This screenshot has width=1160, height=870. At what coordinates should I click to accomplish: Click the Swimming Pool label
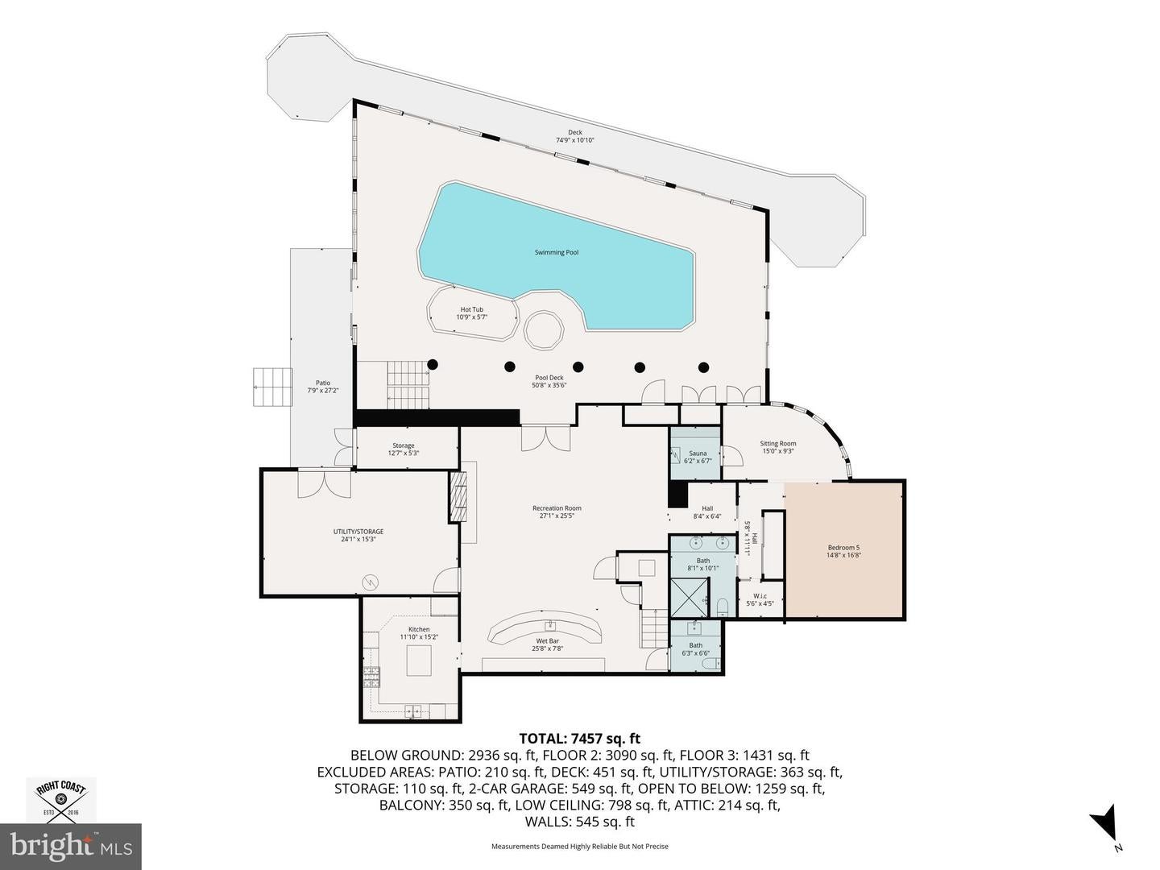556,252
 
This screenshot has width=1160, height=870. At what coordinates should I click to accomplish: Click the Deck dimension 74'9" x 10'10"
574,140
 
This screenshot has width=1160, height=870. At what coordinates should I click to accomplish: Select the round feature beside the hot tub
545,330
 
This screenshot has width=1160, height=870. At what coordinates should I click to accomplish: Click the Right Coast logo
61,799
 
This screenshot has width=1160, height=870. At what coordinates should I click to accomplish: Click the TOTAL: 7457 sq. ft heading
580,738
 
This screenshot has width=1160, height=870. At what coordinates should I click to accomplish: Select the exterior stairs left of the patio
271,387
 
